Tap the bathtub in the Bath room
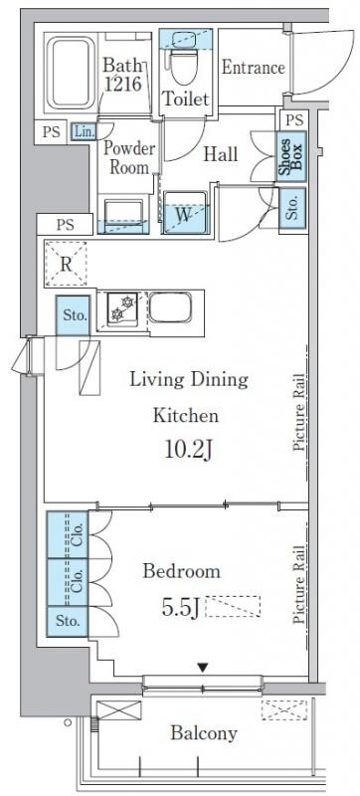(71, 74)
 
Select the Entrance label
(253, 68)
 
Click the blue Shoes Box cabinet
(291, 156)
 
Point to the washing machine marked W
(185, 212)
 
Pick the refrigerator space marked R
(66, 264)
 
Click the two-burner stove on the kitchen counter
(122, 307)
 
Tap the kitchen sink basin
(170, 307)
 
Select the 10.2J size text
(187, 450)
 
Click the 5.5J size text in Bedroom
(179, 607)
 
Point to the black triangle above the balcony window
(203, 668)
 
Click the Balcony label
(204, 733)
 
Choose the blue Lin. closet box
(84, 132)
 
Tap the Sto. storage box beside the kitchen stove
(73, 315)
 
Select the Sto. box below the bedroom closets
(68, 621)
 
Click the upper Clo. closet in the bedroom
(68, 535)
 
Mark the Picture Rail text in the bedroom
(297, 584)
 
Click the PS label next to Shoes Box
(294, 120)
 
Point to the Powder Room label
(129, 158)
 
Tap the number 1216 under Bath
(122, 84)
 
